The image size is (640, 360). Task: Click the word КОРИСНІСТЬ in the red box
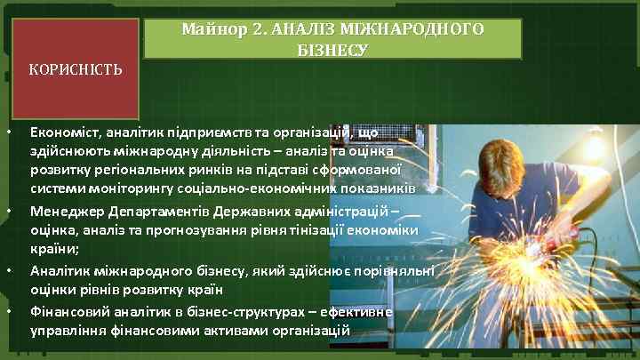pyautogui.click(x=76, y=68)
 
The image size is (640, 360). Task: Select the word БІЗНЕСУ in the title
pyautogui.click(x=332, y=50)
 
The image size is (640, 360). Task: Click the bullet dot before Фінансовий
pyautogui.click(x=8, y=314)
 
